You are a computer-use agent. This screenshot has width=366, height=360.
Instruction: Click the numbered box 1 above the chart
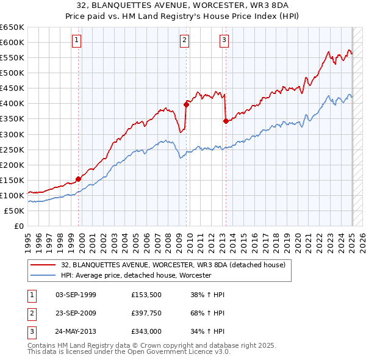coord(77,40)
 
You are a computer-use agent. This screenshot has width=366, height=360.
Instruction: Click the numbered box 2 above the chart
coord(185,40)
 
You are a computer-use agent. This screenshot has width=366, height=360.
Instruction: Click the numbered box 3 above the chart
coord(224,40)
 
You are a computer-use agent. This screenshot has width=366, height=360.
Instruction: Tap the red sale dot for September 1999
coord(78,179)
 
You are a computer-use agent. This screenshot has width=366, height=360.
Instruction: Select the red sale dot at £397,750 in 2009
coord(186,104)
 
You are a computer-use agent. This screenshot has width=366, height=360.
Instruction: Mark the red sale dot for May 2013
coord(226,121)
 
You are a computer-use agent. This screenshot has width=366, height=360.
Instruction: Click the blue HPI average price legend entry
coord(135,276)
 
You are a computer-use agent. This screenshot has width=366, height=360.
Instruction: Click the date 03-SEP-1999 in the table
coord(76,295)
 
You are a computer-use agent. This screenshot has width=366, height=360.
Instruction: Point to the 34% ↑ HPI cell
coord(208,331)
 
